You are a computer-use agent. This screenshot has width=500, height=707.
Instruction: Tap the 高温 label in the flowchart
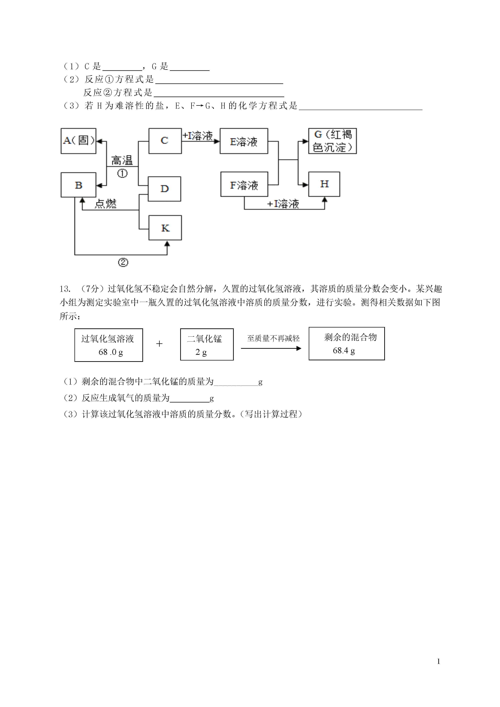pos(122,160)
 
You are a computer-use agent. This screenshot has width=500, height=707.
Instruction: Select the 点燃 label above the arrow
pos(105,204)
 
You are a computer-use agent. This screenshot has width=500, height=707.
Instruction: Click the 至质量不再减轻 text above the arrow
pos(273,338)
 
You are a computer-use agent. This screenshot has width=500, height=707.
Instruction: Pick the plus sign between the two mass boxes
pos(159,344)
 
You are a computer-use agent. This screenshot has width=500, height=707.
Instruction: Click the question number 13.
pos(65,289)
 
